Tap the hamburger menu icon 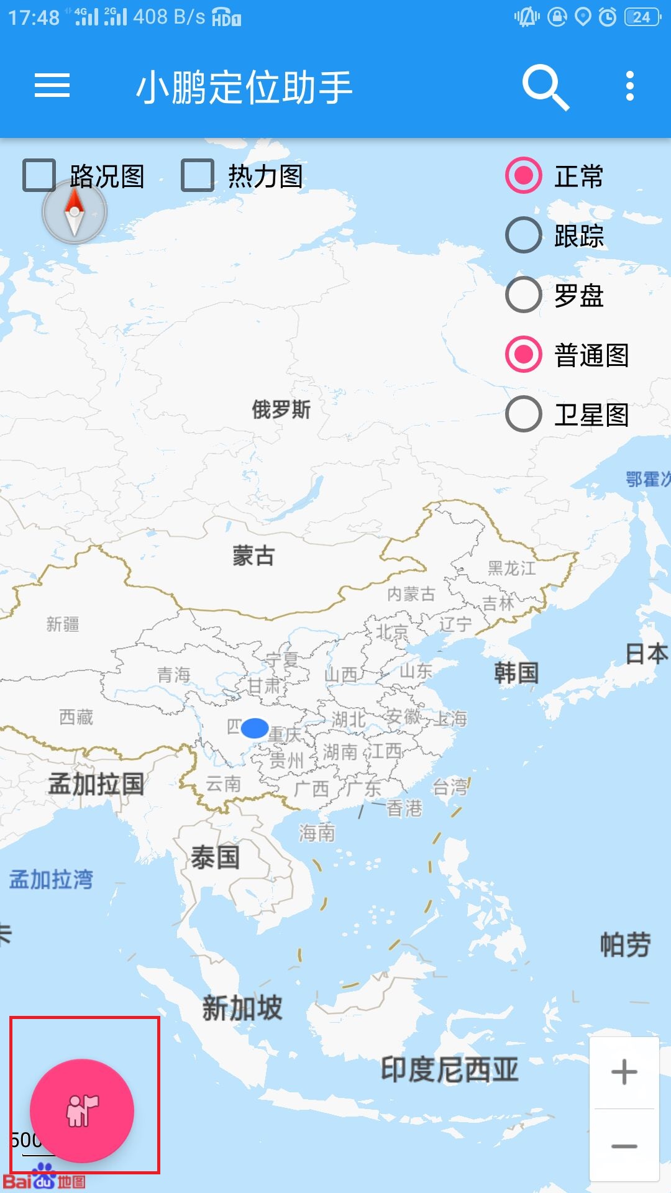(x=52, y=86)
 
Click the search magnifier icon (x=545, y=87)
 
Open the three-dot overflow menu (x=630, y=86)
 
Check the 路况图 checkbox (x=39, y=176)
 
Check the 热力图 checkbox (x=198, y=176)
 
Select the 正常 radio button (x=524, y=176)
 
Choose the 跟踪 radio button (x=524, y=235)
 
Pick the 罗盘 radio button (x=524, y=295)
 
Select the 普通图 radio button (x=524, y=355)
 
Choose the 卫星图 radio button (x=524, y=414)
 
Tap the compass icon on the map (x=75, y=213)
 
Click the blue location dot (x=254, y=728)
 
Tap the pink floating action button (x=82, y=1110)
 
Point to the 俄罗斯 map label (x=281, y=410)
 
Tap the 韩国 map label (x=516, y=673)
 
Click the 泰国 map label (x=215, y=858)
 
